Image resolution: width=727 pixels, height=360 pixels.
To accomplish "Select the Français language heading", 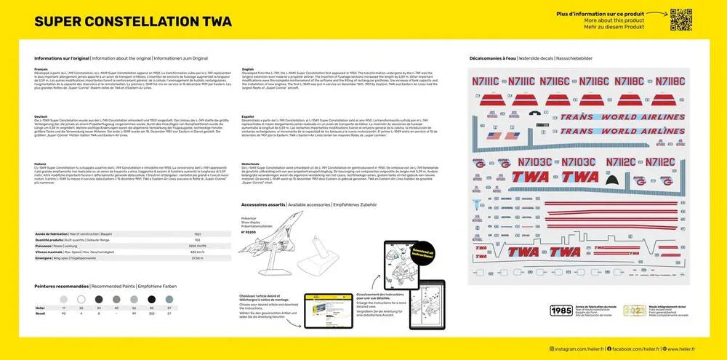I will point(41,69).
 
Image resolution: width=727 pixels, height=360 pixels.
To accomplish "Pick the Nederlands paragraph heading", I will point(251,164).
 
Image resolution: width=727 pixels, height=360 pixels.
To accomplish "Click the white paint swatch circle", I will point(63,299).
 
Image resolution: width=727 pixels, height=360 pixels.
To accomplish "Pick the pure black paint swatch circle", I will point(151,299).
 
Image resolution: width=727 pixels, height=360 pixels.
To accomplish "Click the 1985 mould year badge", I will point(561,310).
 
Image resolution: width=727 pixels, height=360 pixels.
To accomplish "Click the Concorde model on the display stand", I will point(266,250).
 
